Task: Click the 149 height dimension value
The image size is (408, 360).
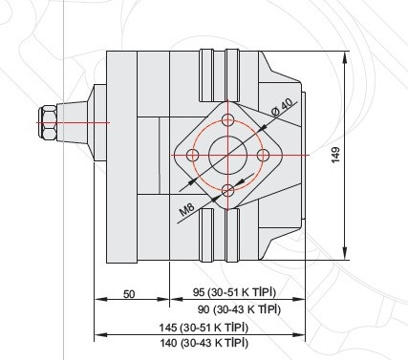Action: click(335, 155)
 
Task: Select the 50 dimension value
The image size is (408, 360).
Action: click(129, 294)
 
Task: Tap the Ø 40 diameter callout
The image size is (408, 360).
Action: click(282, 107)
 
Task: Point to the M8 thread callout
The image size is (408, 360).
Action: click(186, 210)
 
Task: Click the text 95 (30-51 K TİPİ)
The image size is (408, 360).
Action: click(234, 292)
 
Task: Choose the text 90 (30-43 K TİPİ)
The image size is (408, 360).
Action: click(239, 309)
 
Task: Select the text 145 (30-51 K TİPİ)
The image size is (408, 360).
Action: click(204, 328)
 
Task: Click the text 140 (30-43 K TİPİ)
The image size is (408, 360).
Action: click(204, 343)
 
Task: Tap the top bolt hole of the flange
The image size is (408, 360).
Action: click(228, 120)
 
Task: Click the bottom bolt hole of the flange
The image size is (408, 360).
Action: click(228, 191)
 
